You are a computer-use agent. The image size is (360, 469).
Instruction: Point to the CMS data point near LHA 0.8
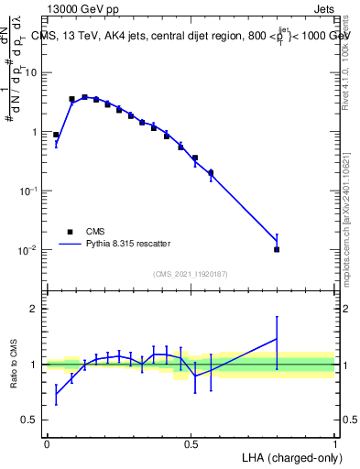point(277,249)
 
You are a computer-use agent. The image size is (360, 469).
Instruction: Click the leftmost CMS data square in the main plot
point(56,135)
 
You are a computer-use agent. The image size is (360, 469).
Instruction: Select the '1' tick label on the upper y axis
point(33,132)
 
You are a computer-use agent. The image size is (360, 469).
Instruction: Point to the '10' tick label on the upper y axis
point(30,72)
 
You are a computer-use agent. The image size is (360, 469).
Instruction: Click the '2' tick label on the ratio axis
point(34,309)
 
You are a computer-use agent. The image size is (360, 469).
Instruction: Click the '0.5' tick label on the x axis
point(191,444)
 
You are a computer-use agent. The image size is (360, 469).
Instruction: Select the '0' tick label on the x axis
point(47,444)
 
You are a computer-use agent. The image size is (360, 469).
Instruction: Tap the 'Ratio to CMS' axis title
point(13,375)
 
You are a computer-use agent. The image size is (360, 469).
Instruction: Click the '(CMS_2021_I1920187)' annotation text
point(190,274)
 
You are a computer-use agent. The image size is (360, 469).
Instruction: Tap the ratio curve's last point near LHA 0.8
point(277,339)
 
